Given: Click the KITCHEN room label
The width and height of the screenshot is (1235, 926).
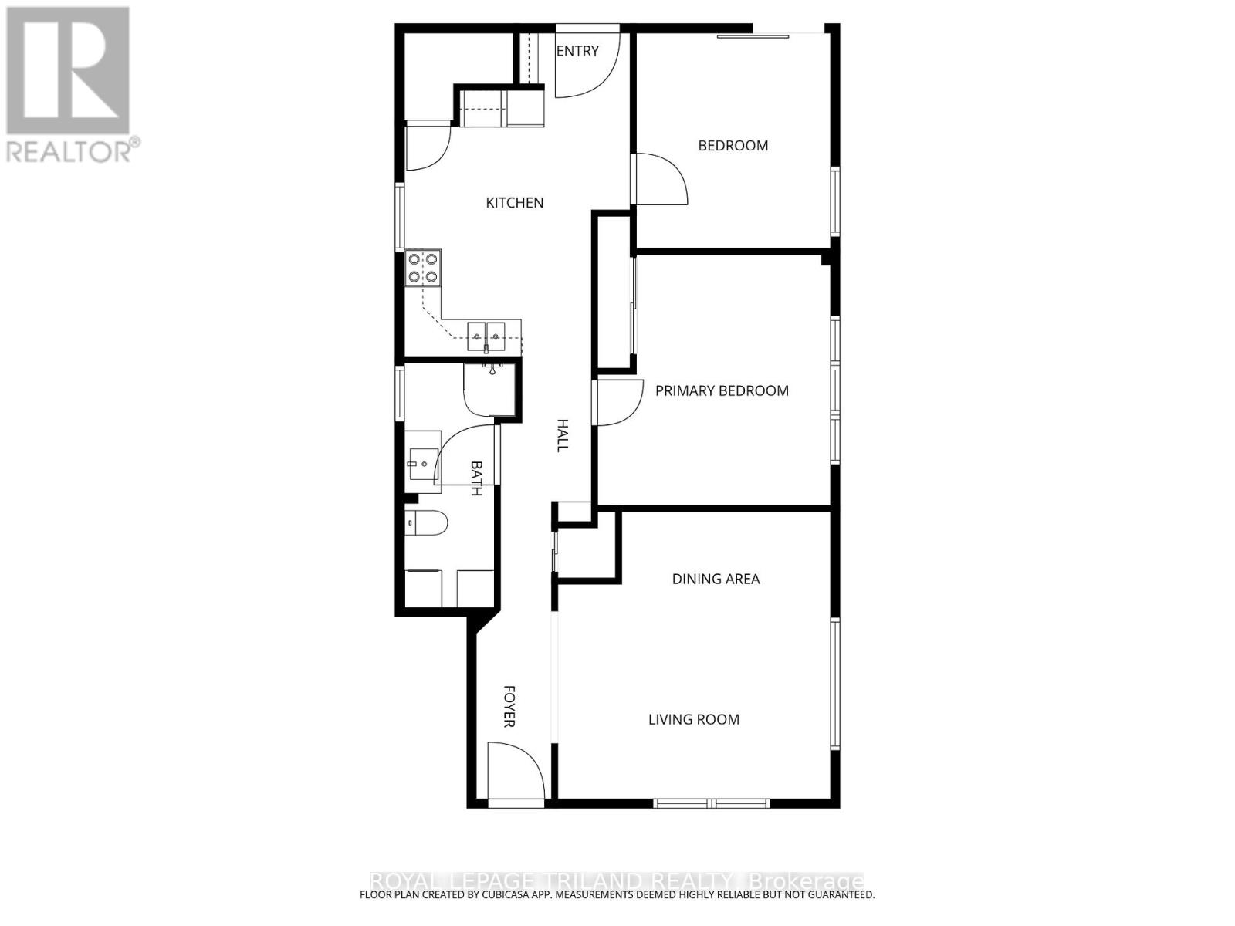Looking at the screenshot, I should (x=514, y=203).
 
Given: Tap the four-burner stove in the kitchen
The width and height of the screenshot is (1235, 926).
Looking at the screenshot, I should (x=423, y=268).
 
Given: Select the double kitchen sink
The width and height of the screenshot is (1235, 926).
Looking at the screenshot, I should (x=486, y=333).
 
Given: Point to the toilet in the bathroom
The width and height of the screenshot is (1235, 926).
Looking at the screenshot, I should (x=427, y=523).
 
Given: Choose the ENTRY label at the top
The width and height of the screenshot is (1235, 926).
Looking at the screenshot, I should (x=577, y=51).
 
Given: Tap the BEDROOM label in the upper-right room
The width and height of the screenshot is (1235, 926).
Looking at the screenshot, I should (x=733, y=146).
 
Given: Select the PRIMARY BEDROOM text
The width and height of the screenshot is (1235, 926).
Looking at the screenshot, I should (x=722, y=391).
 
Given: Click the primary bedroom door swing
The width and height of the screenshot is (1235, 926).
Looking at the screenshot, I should (x=619, y=401).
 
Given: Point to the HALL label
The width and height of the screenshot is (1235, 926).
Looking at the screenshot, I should (x=563, y=435).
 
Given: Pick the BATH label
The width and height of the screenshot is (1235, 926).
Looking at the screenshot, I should (x=476, y=478).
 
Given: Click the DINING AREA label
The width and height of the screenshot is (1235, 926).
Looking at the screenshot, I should (x=716, y=579).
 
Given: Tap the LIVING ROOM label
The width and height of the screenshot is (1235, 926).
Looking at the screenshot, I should (x=693, y=720).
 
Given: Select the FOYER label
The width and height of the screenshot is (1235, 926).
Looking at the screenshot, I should (x=509, y=706).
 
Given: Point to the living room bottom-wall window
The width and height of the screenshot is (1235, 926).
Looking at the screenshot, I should (x=711, y=803).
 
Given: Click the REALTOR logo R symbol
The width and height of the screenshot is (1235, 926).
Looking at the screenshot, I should (x=68, y=70).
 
